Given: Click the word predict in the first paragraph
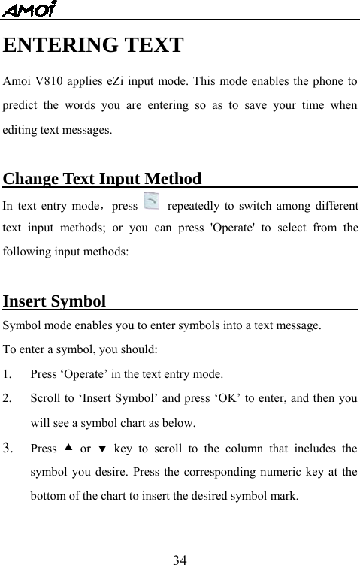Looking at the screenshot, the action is click(20, 105).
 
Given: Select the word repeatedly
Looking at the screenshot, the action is click(198, 204).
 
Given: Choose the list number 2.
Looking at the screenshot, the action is click(8, 398).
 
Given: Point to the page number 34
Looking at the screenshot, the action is click(180, 558).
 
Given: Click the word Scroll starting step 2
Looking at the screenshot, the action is click(44, 398).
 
